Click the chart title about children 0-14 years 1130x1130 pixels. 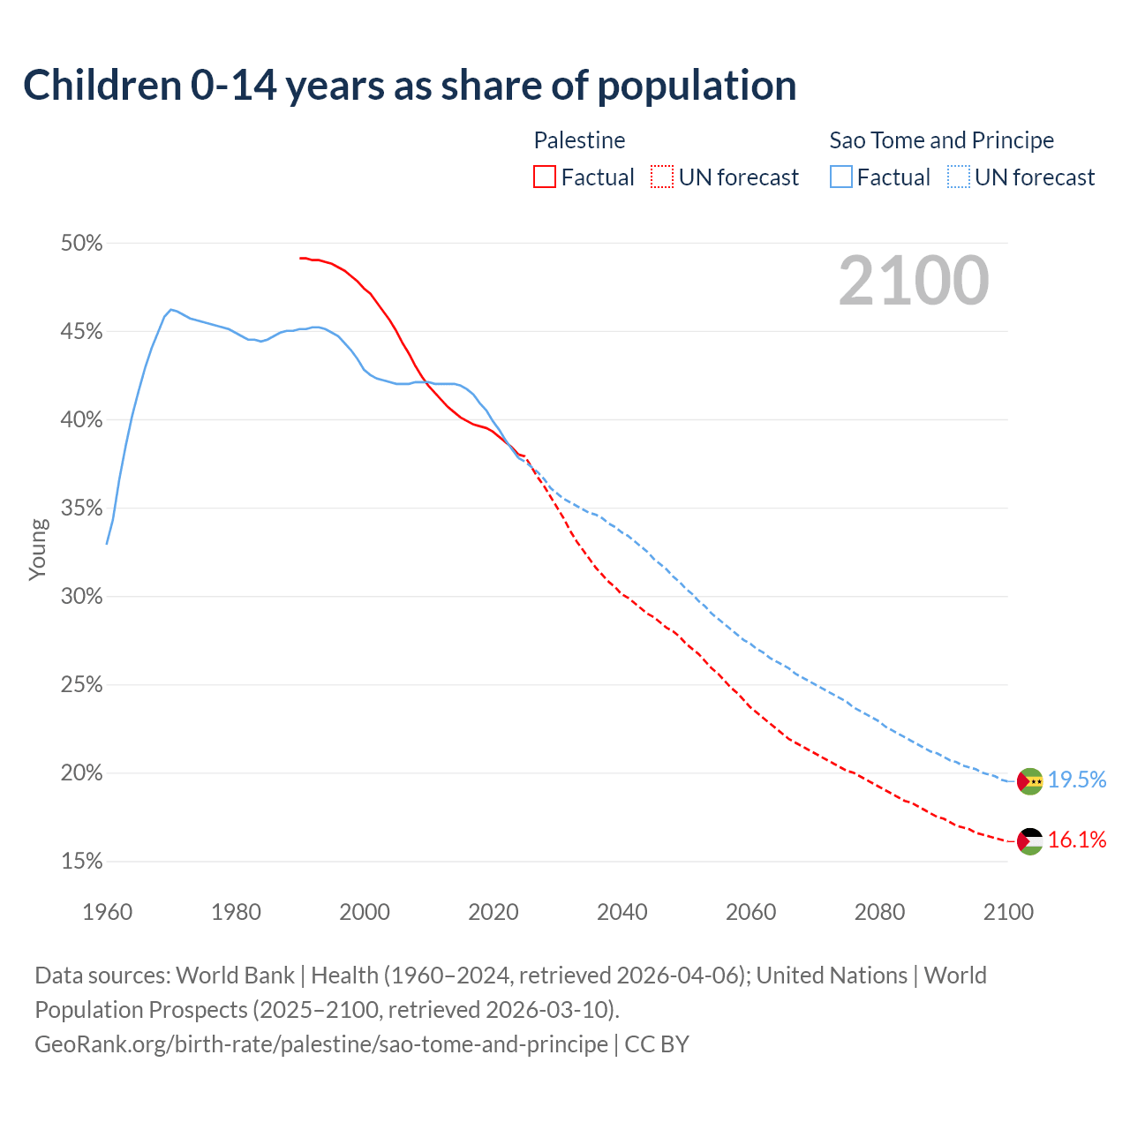pos(410,86)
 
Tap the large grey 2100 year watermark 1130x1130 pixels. pos(913,281)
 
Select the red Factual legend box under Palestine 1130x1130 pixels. pos(545,177)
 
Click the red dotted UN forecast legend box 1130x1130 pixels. pos(662,177)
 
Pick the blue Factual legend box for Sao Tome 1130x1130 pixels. pos(841,177)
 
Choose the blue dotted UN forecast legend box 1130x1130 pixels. pos(959,177)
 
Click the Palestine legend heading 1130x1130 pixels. pos(579,140)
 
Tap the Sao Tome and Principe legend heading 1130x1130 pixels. pos(941,140)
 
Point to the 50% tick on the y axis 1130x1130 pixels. pos(81,244)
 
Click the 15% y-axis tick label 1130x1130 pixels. pos(81,862)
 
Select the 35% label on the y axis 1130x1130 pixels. pos(81,508)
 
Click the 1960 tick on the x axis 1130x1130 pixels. pos(107,912)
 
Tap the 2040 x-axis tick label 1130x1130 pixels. pos(621,912)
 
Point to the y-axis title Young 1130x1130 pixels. pos(37,549)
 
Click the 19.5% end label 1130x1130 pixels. pos(1077,780)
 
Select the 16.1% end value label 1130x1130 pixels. pos(1077,840)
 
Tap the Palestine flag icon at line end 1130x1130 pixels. pos(1029,841)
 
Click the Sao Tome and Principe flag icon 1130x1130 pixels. pos(1029,781)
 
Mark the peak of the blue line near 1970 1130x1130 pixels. pos(170,310)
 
